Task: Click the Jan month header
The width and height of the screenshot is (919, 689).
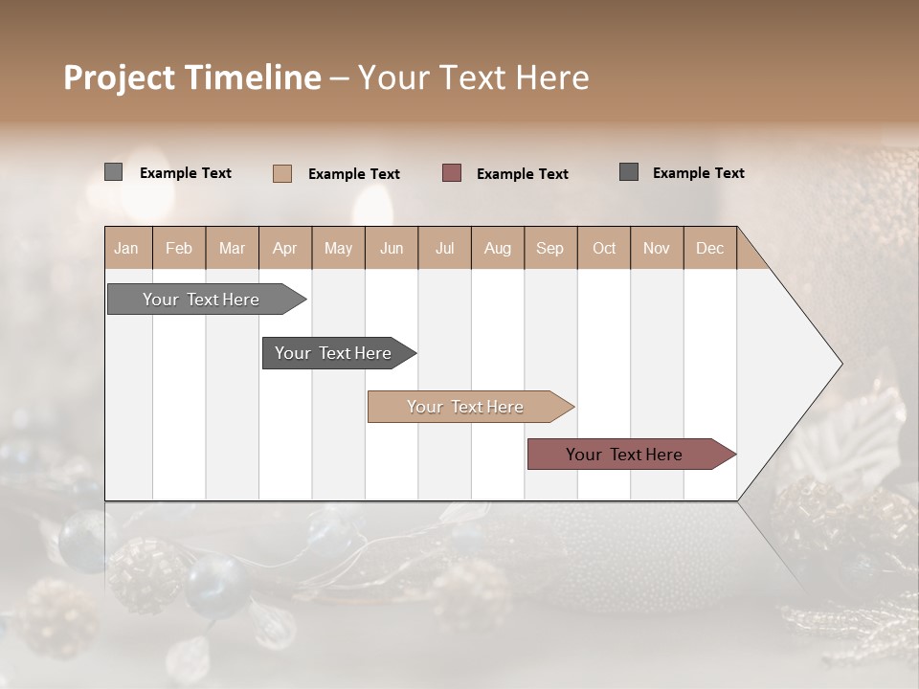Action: point(126,248)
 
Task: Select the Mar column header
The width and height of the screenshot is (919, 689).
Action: point(232,248)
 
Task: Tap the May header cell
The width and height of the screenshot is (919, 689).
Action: point(338,248)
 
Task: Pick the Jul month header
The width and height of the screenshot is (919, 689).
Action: point(444,248)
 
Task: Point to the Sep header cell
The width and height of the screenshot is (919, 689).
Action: point(549,248)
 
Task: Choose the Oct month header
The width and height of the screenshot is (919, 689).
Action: point(604,248)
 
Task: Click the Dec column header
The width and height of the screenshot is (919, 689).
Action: point(709,248)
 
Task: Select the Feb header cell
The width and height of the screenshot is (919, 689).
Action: point(179,248)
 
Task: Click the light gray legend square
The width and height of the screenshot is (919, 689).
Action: point(113,172)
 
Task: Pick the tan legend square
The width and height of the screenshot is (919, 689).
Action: point(281,173)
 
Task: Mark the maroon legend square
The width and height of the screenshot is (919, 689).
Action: point(452,173)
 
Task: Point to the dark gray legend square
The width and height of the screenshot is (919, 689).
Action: point(629,172)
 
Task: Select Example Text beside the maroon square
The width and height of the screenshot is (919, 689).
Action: point(522,174)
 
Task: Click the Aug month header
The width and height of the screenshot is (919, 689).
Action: point(497,248)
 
